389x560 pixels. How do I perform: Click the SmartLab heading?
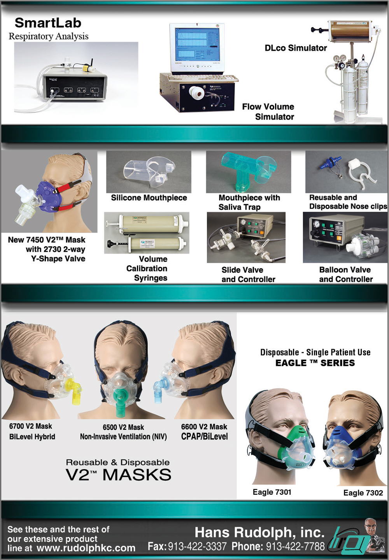click(x=48, y=23)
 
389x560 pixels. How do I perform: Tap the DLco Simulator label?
click(x=296, y=48)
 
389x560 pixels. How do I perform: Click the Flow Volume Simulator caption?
click(x=268, y=111)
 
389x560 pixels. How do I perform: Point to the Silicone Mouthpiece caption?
click(x=149, y=198)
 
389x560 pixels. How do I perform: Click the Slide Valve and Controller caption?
click(x=248, y=275)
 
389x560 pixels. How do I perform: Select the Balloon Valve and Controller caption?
click(x=345, y=274)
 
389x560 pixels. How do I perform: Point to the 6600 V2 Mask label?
click(x=204, y=427)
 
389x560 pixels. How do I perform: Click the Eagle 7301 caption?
click(x=272, y=492)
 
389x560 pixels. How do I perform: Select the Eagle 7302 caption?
click(x=363, y=493)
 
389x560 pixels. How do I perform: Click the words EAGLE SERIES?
click(x=315, y=363)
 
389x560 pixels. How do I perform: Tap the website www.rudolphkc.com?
click(x=86, y=548)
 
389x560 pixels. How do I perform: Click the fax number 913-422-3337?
click(x=197, y=547)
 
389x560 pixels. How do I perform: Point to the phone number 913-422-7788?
click(x=295, y=547)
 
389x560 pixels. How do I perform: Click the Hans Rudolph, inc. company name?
click(x=259, y=532)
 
